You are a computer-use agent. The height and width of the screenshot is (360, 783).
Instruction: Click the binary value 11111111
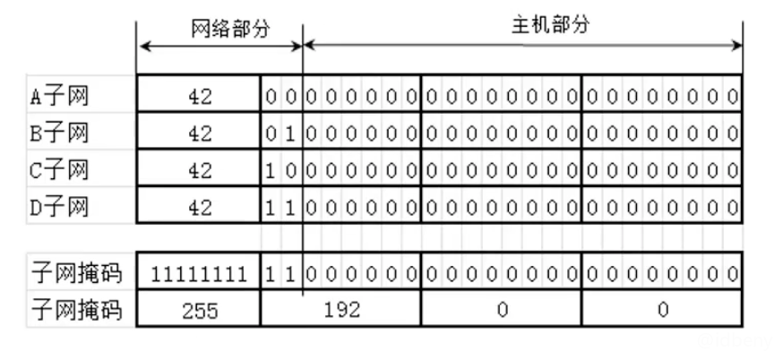tap(199, 272)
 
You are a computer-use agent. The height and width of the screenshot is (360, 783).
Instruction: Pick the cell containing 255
tap(199, 310)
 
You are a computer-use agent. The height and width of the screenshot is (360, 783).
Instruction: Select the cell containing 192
tap(341, 310)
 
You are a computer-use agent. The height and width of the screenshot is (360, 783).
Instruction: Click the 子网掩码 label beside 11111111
tap(75, 272)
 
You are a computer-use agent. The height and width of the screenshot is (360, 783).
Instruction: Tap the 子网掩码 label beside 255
tap(75, 310)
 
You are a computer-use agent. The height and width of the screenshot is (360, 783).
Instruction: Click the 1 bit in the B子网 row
tap(290, 133)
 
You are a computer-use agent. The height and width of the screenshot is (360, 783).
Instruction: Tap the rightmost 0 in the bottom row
tap(663, 310)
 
